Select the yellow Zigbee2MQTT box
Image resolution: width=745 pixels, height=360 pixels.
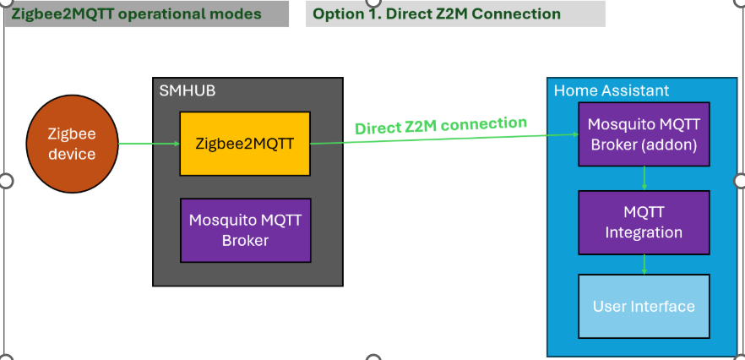tap(244, 144)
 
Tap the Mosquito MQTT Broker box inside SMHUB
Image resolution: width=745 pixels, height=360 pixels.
tap(244, 230)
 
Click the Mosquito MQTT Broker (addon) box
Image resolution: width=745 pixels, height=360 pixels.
tap(644, 134)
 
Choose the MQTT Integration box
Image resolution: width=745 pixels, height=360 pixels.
tap(644, 222)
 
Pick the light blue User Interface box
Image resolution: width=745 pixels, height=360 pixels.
tap(644, 307)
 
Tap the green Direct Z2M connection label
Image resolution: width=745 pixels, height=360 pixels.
tap(440, 126)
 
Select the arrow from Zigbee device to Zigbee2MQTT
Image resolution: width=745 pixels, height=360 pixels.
tap(149, 143)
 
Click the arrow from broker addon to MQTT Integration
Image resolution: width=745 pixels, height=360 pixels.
tap(644, 177)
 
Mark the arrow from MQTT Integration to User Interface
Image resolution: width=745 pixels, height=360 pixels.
tap(644, 265)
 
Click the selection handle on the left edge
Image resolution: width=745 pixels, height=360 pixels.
tap(4, 180)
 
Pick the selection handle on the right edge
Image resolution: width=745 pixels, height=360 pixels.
tap(741, 180)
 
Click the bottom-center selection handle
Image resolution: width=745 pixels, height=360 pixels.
tap(372, 357)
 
